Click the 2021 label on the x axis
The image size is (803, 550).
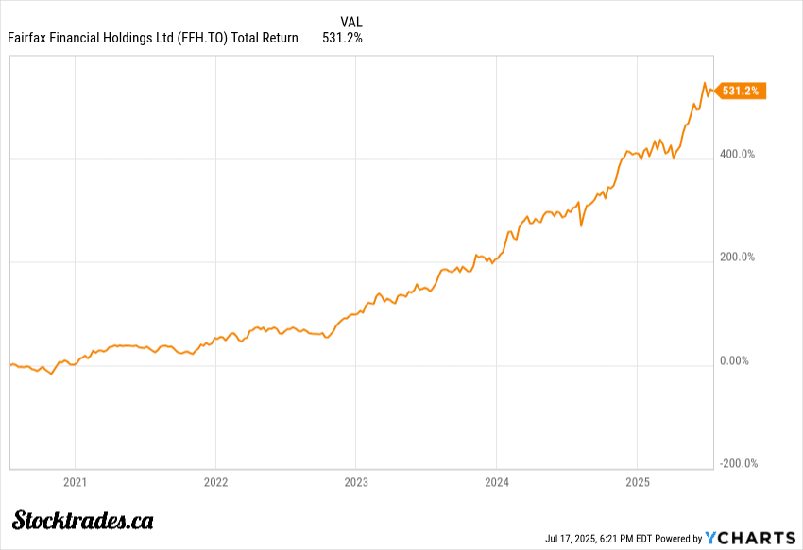75,482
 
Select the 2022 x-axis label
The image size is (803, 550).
215,482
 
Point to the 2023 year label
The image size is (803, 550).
356,482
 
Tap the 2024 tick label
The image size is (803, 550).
497,482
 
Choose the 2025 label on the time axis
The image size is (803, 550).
637,482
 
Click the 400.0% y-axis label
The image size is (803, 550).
737,154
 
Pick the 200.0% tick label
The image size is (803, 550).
737,257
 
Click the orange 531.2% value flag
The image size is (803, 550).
742,91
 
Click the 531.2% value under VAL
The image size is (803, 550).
342,38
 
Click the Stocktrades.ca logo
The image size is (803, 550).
84,519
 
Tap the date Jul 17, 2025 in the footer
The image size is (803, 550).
571,539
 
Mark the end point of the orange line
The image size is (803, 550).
714,91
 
